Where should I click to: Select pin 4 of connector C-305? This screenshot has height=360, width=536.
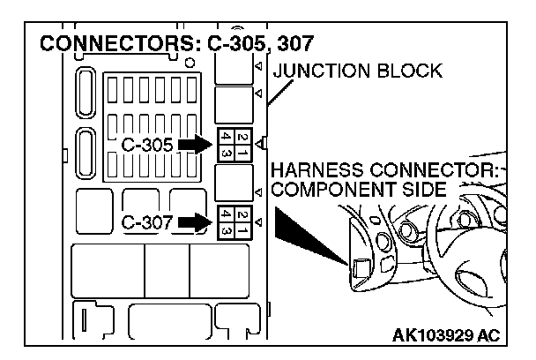pyautogui.click(x=227, y=138)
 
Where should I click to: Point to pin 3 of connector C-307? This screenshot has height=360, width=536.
pyautogui.click(x=227, y=229)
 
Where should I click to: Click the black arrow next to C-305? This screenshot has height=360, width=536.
pyautogui.click(x=192, y=144)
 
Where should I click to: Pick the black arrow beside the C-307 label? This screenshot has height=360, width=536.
pyautogui.click(x=192, y=222)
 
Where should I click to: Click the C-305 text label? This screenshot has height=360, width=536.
pyautogui.click(x=147, y=145)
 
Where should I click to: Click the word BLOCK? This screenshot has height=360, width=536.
pyautogui.click(x=409, y=71)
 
